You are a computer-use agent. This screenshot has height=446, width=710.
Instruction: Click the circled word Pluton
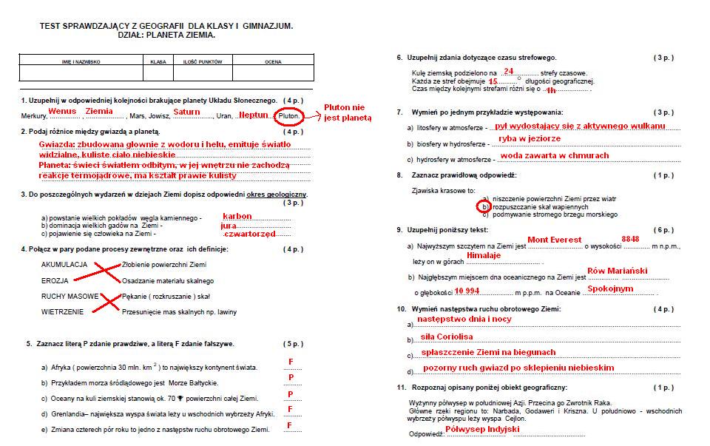click(288, 116)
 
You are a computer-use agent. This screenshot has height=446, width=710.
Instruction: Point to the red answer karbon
click(237, 216)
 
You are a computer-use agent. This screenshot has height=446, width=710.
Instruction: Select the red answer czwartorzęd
click(249, 233)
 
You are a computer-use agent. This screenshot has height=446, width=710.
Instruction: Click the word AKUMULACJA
click(65, 264)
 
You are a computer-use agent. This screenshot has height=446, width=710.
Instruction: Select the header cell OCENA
click(273, 61)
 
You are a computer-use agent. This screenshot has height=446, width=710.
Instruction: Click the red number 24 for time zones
click(508, 71)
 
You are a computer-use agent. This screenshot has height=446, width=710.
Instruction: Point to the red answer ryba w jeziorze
click(530, 138)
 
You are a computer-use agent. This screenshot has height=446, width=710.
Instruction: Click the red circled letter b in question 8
click(484, 207)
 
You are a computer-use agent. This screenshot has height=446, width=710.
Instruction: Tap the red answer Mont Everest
click(554, 240)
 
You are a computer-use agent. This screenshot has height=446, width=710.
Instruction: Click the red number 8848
click(630, 240)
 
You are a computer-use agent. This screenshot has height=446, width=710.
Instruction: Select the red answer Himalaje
click(484, 255)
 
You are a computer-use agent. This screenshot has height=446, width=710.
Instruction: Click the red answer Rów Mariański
click(616, 271)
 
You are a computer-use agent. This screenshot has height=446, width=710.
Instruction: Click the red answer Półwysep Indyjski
click(482, 429)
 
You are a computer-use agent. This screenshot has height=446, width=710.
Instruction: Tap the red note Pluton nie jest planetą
click(348, 112)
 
